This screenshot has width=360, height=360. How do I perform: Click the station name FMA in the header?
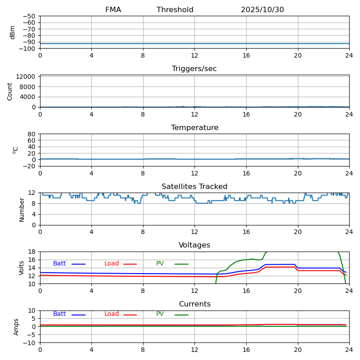point(113,10)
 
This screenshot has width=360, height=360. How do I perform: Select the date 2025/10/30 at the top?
point(262,10)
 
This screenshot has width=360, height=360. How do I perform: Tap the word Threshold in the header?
point(175,10)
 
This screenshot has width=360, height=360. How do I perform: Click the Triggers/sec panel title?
point(194,69)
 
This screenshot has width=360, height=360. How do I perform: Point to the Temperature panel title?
point(194,128)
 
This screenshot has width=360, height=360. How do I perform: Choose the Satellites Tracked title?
point(194,187)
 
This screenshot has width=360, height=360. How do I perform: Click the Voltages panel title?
point(194,245)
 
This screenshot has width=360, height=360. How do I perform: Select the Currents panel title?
point(194,304)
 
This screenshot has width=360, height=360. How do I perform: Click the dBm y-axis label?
point(13,32)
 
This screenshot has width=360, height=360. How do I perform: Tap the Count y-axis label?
point(10,91)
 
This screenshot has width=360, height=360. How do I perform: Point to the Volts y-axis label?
point(22,268)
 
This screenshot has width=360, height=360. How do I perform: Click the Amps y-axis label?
point(16,327)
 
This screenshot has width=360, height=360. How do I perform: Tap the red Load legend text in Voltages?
point(112,264)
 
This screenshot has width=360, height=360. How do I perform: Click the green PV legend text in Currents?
point(160,314)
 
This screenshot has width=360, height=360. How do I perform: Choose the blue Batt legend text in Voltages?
point(59,264)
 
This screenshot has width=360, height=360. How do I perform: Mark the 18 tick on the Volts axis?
point(32,252)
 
